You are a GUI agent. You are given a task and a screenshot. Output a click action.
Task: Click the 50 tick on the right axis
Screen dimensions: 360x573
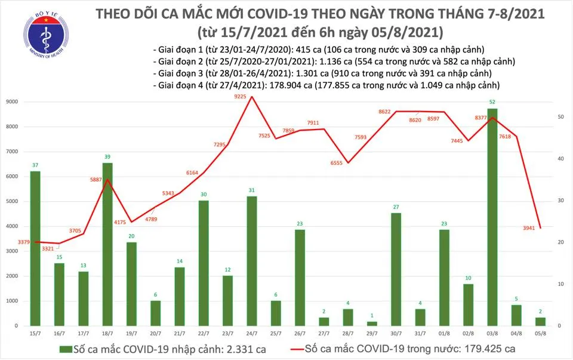tap(562, 117)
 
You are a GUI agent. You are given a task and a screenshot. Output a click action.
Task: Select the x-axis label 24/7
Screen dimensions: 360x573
tap(252, 333)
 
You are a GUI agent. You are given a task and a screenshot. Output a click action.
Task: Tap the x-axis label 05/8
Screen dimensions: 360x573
tap(540, 333)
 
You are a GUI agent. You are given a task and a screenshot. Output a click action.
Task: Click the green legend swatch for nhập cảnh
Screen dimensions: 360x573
tap(63, 349)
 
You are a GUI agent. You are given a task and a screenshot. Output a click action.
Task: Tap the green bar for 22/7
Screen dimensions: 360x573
tap(204, 263)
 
